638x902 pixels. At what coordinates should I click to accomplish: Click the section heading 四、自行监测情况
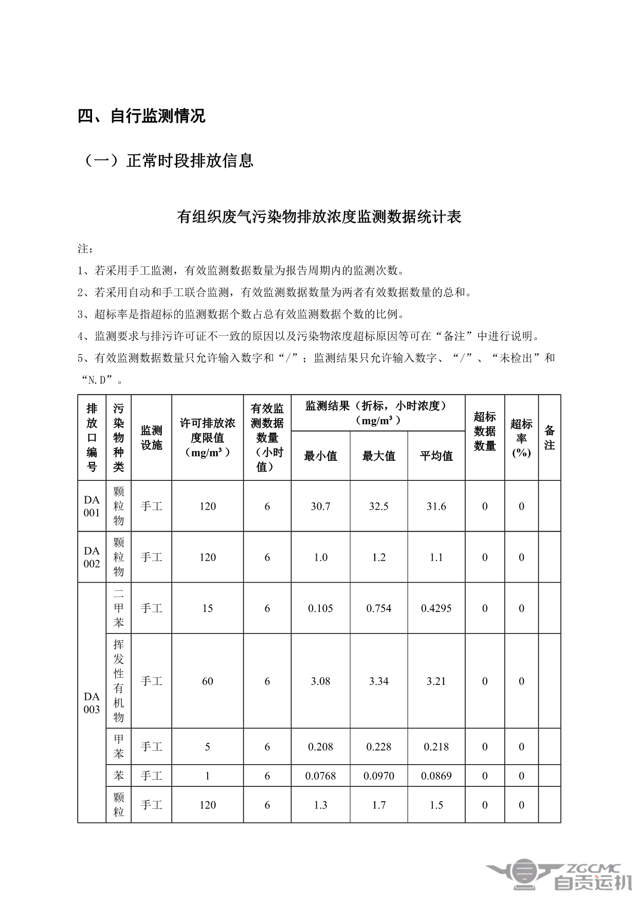coord(141,116)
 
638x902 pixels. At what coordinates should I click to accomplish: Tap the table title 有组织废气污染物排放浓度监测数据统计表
coord(319,217)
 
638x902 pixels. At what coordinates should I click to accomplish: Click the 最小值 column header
coord(320,456)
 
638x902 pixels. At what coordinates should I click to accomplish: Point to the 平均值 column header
coord(436,456)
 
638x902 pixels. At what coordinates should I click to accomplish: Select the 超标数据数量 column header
coord(484,431)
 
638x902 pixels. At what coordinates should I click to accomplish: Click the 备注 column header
coord(549,438)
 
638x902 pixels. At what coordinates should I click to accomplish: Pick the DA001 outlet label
coord(92,506)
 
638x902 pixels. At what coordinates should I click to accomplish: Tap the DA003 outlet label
coord(92,702)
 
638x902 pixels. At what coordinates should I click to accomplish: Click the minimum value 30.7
coord(320,507)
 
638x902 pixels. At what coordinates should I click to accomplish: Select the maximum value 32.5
coord(378,507)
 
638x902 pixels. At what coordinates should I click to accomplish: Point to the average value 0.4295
coord(436,608)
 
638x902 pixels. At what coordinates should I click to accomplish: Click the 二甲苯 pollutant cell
coord(119,608)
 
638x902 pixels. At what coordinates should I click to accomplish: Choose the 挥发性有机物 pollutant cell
coord(119,680)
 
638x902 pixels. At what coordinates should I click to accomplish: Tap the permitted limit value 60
coord(207,681)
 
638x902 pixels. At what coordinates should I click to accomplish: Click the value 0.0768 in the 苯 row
coord(320,775)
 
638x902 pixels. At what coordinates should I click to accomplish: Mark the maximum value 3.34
coord(378,681)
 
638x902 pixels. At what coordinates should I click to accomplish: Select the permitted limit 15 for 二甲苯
coord(207,608)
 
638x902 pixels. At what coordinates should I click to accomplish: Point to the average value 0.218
coord(436,747)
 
